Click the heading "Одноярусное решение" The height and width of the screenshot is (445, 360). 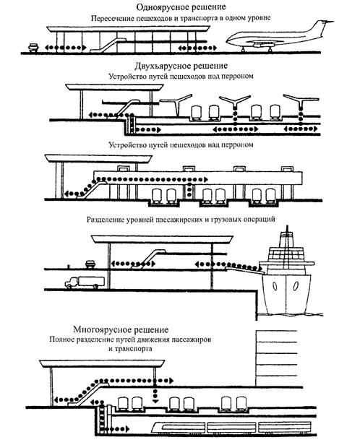(181, 7)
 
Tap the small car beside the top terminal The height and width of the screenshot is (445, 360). (33, 48)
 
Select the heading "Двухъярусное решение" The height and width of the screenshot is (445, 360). (181, 66)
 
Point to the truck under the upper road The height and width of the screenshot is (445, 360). (85, 282)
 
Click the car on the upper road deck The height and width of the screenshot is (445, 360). (90, 264)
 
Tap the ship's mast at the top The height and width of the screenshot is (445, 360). (287, 232)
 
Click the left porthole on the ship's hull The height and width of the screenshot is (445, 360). (275, 286)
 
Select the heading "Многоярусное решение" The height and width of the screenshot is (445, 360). (121, 329)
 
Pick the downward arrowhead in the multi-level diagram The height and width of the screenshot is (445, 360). (155, 401)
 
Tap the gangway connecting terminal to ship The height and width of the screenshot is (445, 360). (245, 269)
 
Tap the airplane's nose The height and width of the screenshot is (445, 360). (228, 41)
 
